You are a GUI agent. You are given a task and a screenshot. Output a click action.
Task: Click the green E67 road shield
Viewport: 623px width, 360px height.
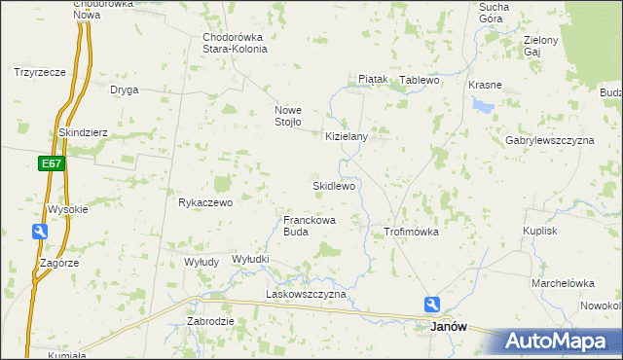[x=54, y=163]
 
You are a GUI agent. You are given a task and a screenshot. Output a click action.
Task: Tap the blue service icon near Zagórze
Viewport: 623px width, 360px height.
[x=40, y=232]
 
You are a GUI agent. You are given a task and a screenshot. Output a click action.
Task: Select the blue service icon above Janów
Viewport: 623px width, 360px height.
[x=432, y=305]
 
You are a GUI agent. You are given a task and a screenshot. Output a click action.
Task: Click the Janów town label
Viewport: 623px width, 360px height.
[x=449, y=328]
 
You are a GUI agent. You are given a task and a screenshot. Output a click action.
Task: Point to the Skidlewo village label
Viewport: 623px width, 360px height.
[x=333, y=185]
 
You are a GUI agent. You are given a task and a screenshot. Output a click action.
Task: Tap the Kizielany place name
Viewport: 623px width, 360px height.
[x=347, y=137]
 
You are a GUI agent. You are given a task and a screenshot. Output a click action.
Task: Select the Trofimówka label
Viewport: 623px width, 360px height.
[x=412, y=233]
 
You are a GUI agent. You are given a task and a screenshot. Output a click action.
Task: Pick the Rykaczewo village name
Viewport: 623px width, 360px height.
[x=205, y=203]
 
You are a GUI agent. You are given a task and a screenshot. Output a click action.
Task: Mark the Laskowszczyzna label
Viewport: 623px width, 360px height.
[x=306, y=294]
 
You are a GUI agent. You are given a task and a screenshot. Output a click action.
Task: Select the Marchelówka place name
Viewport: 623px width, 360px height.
[x=563, y=283]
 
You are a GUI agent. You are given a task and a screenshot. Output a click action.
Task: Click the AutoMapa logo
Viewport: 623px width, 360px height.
[x=562, y=342]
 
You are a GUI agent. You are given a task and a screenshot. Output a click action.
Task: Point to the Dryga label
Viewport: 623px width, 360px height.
[x=124, y=90]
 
